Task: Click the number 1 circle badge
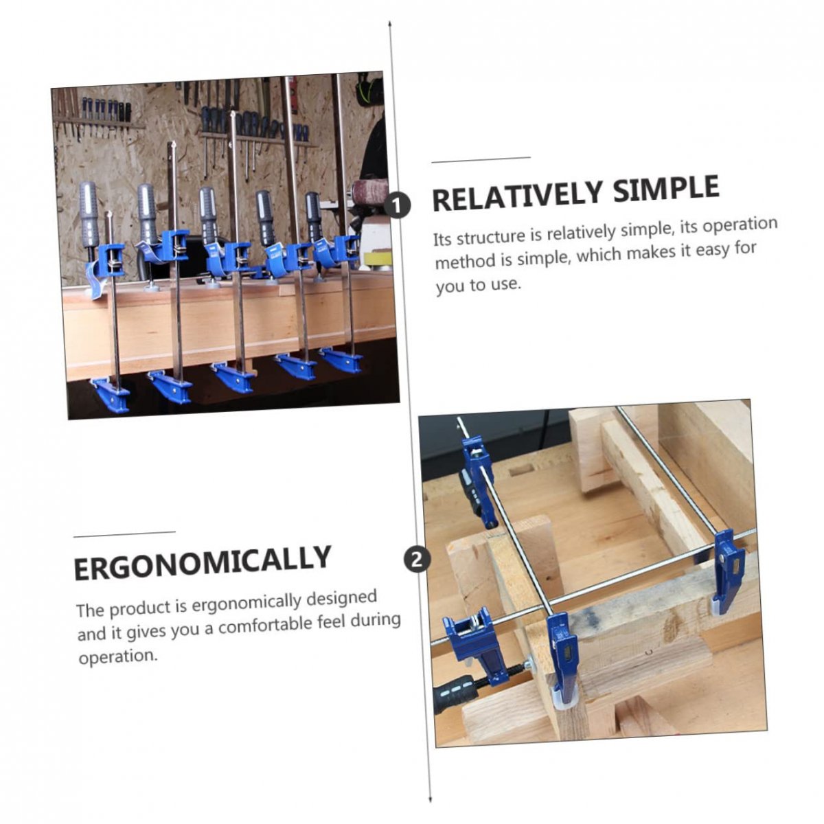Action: click(397, 205)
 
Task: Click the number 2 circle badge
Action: click(416, 560)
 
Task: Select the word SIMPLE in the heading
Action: click(666, 189)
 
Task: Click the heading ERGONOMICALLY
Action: click(203, 562)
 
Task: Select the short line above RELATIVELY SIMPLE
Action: click(481, 160)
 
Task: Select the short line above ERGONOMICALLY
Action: click(124, 534)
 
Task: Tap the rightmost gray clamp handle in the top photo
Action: click(313, 216)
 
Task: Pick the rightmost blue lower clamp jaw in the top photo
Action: click(341, 360)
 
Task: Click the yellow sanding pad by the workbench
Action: click(378, 258)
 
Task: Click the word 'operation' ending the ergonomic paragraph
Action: click(118, 656)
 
